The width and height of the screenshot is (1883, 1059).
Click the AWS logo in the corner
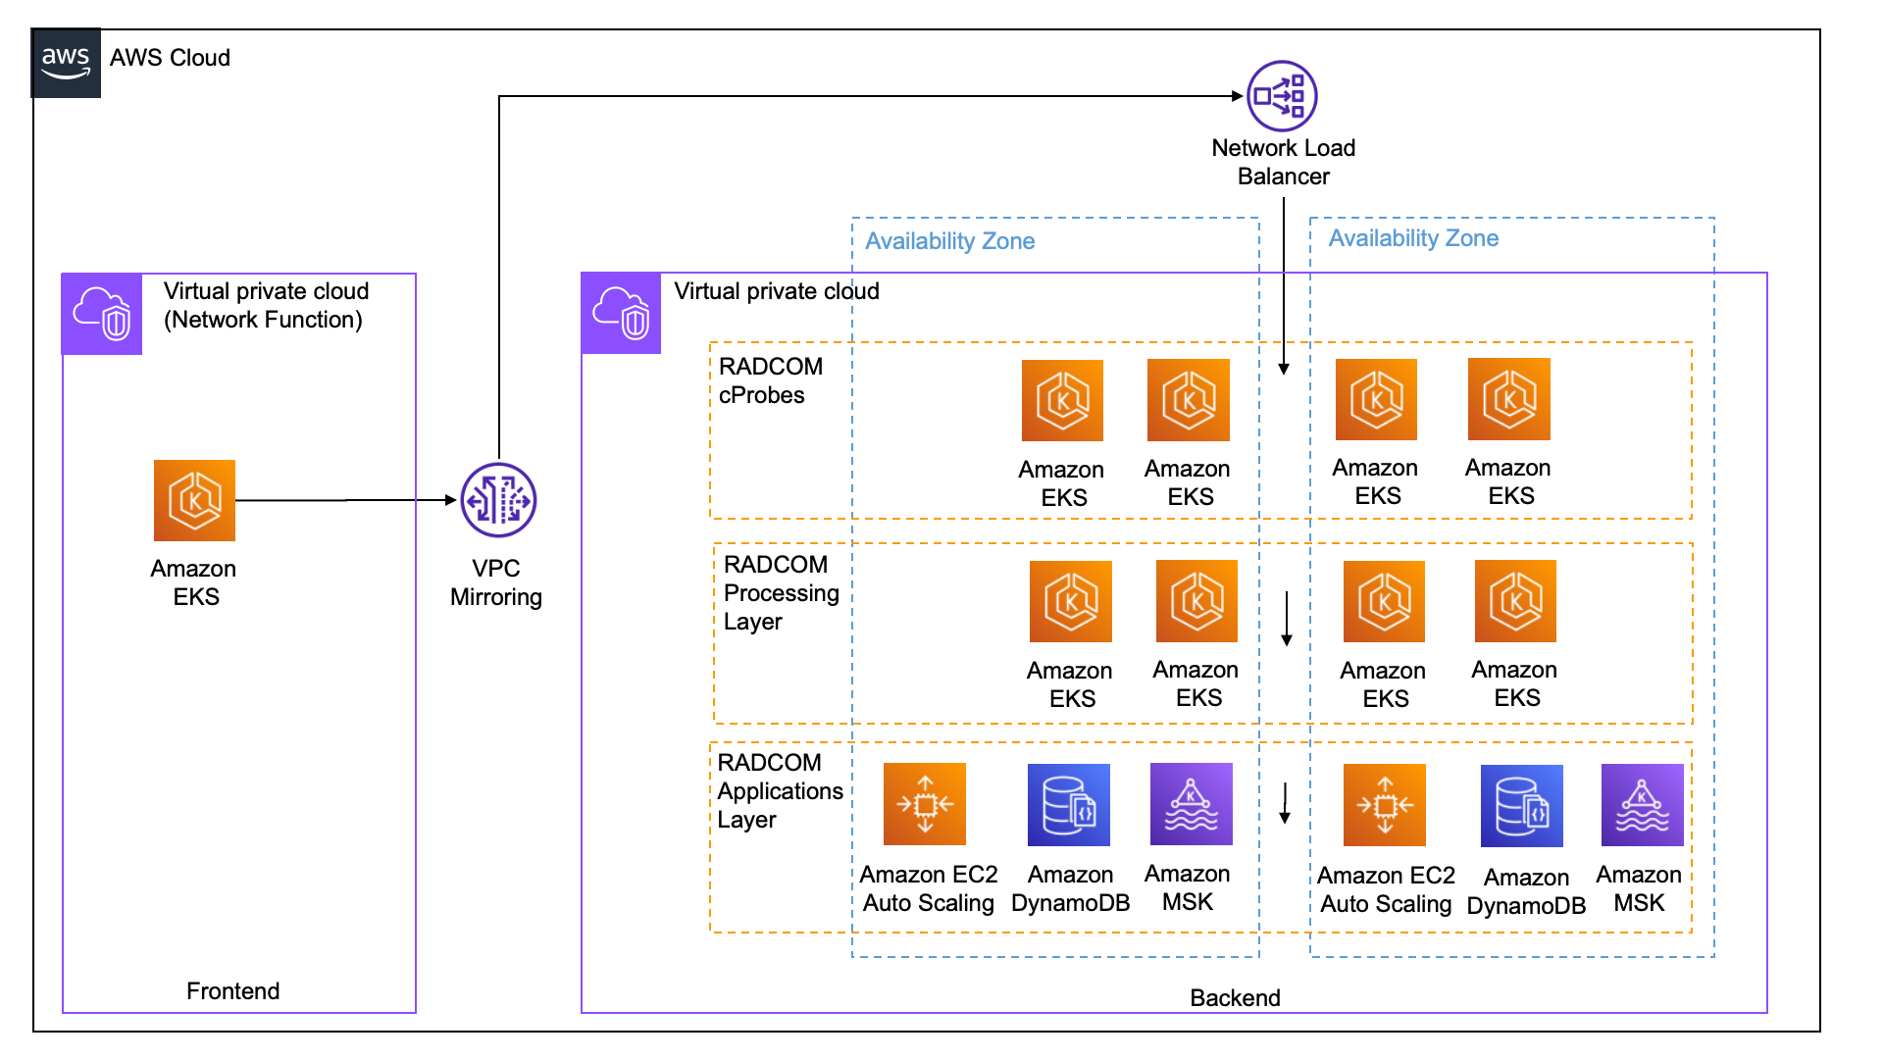(66, 63)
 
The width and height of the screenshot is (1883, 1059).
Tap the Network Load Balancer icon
(1282, 96)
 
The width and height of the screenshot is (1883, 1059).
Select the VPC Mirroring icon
(498, 500)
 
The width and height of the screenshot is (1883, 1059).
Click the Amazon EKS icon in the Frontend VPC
(194, 500)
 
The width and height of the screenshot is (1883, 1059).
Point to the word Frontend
(232, 991)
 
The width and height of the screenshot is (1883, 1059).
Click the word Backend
(1235, 998)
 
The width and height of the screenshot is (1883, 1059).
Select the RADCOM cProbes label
(770, 380)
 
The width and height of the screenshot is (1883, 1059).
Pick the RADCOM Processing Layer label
(781, 593)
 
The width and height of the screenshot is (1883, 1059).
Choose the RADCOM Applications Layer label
(780, 791)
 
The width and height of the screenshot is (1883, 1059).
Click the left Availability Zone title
(949, 241)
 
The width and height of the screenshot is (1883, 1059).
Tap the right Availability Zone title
(1413, 238)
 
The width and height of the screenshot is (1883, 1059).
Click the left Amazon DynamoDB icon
(1068, 805)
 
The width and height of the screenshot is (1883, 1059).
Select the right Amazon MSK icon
(1642, 805)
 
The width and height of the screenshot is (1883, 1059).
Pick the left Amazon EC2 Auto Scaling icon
(924, 804)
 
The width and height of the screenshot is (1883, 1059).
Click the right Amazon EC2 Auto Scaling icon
(1384, 805)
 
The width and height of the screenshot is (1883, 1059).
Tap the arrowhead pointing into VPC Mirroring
(451, 500)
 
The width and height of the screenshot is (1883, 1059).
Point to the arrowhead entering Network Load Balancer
(1238, 96)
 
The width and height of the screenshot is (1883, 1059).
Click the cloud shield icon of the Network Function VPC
(102, 314)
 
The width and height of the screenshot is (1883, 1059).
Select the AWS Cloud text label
(170, 58)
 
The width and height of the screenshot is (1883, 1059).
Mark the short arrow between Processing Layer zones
(1287, 620)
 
